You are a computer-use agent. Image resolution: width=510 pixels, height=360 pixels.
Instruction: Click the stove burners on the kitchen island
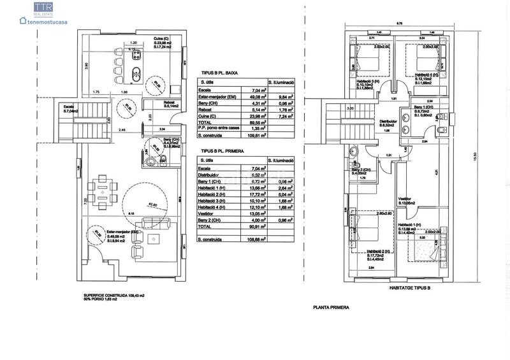point(135,57)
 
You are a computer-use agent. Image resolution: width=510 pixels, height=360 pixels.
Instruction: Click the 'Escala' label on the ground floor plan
point(69,106)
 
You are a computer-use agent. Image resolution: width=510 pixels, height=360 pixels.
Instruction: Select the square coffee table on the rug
point(152,238)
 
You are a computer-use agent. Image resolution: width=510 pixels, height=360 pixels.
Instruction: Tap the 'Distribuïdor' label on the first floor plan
point(388,120)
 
